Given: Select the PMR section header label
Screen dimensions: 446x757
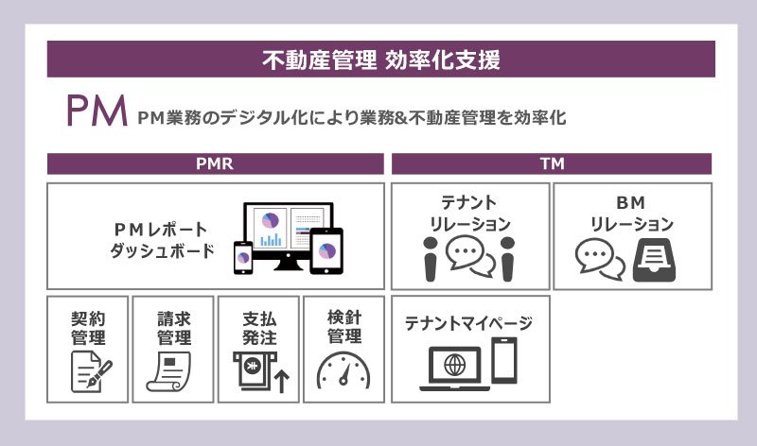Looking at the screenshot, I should tap(215, 163).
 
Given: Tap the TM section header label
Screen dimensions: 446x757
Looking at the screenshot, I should tap(551, 163).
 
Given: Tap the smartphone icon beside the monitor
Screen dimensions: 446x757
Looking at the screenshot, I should tap(244, 257).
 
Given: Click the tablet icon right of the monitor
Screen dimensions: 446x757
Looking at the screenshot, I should tap(326, 250).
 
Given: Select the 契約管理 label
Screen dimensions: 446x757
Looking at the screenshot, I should tap(88, 327).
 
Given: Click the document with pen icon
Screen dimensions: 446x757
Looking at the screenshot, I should tap(91, 370).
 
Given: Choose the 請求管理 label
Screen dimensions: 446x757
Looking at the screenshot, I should tap(173, 327).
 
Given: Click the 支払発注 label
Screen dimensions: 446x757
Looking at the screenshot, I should tap(258, 327).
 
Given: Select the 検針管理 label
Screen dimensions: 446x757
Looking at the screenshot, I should tap(343, 327).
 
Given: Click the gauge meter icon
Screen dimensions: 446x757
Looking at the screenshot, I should tap(343, 370).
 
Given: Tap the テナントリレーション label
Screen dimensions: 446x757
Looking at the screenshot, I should tap(470, 213).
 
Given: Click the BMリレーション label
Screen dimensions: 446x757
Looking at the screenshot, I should tap(631, 213).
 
